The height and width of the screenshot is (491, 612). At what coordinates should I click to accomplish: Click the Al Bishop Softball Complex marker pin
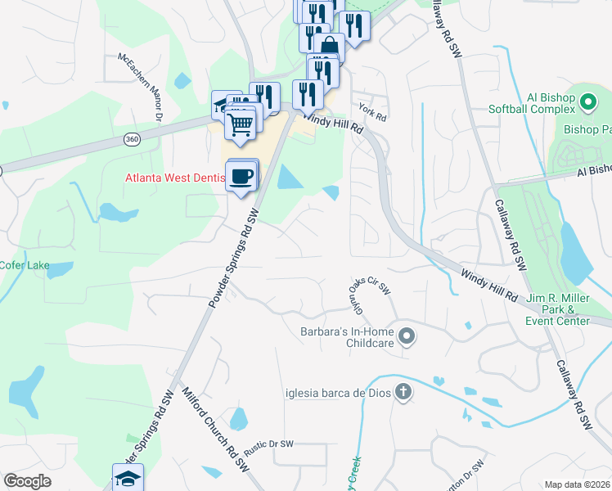pyautogui.click(x=587, y=102)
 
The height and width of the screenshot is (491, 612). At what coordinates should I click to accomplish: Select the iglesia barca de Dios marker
pyautogui.click(x=403, y=392)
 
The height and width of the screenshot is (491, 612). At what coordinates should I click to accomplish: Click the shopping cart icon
pyautogui.click(x=241, y=124)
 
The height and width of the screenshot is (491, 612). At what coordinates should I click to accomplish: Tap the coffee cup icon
pyautogui.click(x=241, y=177)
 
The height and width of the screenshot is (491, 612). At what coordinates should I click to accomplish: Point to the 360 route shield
pyautogui.click(x=132, y=140)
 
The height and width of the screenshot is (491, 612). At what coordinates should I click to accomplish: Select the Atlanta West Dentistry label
pyautogui.click(x=174, y=178)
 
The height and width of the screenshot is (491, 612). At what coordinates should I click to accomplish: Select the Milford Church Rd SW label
pyautogui.click(x=214, y=430)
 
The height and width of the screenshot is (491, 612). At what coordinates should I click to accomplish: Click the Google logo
pyautogui.click(x=27, y=480)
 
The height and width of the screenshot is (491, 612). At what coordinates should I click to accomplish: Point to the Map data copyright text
pyautogui.click(x=578, y=484)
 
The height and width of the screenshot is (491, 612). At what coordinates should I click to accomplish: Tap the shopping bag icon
pyautogui.click(x=329, y=46)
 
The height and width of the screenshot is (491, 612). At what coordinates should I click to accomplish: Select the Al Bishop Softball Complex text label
pyautogui.click(x=532, y=103)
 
